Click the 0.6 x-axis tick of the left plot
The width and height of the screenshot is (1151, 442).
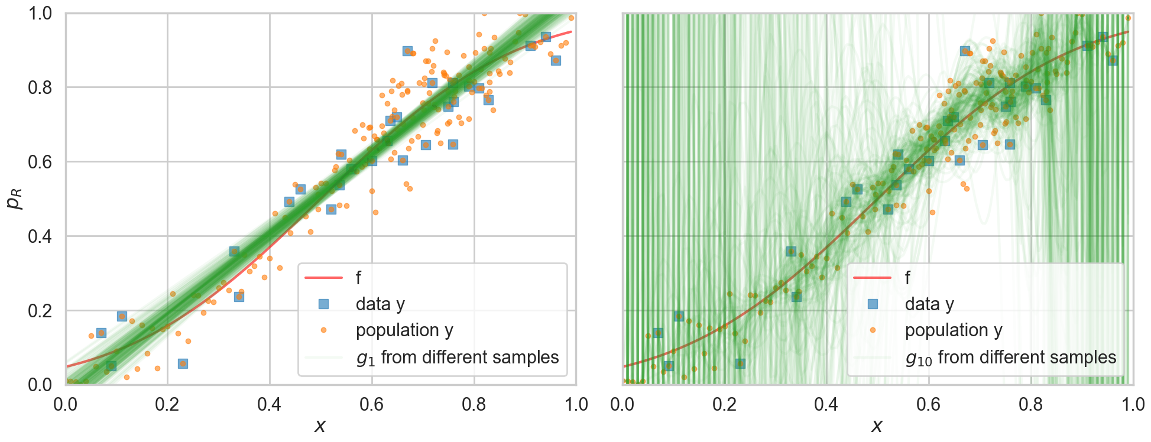pyautogui.click(x=372, y=405)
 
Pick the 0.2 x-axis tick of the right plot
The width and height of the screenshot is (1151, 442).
pyautogui.click(x=724, y=405)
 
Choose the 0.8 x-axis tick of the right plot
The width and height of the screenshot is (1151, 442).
pyautogui.click(x=1031, y=405)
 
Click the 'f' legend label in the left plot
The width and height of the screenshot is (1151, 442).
pyautogui.click(x=358, y=278)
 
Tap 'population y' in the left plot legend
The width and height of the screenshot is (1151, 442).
pyautogui.click(x=404, y=330)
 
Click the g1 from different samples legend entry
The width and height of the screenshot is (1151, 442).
pyautogui.click(x=458, y=357)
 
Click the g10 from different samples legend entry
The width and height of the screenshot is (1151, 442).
pyautogui.click(x=1011, y=357)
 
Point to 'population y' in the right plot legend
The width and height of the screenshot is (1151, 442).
pyautogui.click(x=954, y=330)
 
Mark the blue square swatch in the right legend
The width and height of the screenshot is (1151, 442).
pyautogui.click(x=872, y=304)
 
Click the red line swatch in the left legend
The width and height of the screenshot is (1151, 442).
pyautogui.click(x=323, y=278)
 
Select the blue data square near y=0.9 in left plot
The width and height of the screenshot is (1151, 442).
pyautogui.click(x=407, y=51)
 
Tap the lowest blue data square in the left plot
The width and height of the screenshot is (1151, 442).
pyautogui.click(x=183, y=363)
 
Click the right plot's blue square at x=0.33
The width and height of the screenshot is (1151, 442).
pyautogui.click(x=791, y=252)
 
